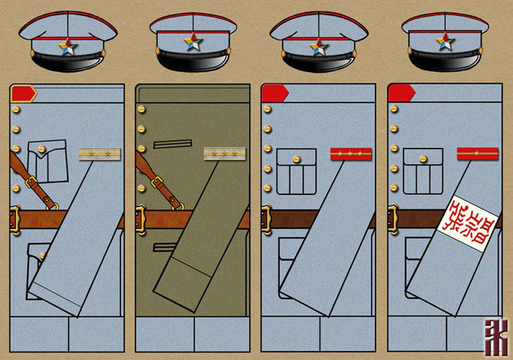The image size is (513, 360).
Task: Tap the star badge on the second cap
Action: tap(193, 43)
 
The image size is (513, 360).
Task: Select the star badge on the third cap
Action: tap(318, 47)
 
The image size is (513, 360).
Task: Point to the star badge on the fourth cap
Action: tap(445, 42)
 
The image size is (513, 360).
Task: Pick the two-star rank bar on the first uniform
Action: tap(95, 154)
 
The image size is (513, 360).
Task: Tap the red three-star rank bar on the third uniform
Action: tap(350, 154)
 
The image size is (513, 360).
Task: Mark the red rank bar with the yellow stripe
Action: tap(477, 154)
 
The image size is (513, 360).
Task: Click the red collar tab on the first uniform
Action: tap(23, 93)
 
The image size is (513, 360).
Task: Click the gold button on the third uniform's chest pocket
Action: tap(296, 158)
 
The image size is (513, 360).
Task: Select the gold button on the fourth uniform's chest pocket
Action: tap(423, 158)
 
